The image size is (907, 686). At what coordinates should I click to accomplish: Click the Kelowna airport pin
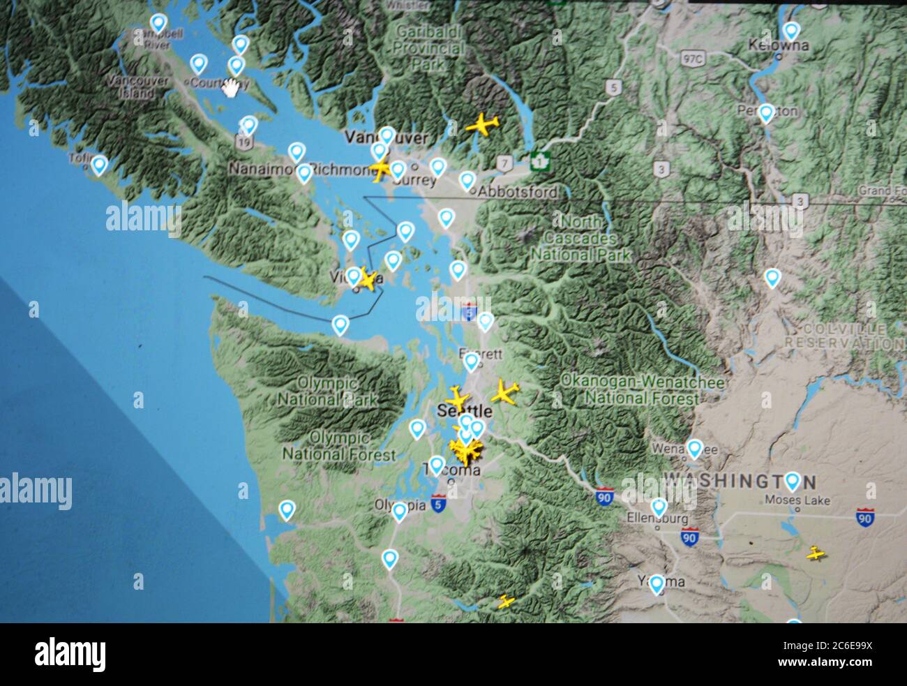790,31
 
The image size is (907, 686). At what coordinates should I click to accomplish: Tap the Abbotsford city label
517,192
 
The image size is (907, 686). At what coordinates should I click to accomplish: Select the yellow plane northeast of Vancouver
481,126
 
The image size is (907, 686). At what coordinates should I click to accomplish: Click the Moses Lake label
797,500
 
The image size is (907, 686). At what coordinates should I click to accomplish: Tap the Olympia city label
400,504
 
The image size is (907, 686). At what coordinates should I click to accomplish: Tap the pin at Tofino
99,165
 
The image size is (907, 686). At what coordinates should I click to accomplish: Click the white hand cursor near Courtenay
230,88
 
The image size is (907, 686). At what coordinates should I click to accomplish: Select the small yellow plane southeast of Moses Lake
816,555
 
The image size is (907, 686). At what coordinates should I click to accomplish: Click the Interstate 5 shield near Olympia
437,503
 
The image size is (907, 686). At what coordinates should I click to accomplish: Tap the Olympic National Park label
328,392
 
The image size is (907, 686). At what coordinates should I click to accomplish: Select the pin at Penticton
765,113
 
